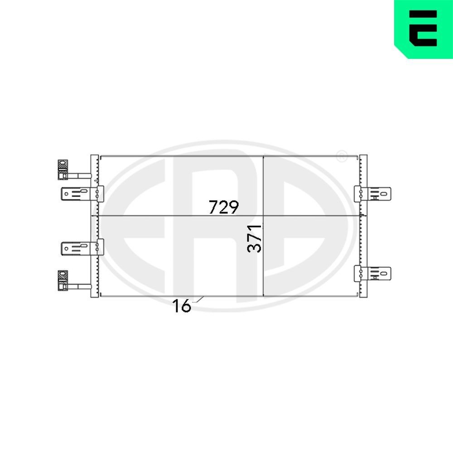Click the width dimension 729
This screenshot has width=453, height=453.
223,207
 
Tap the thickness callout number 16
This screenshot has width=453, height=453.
181,307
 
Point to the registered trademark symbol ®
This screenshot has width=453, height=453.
342,156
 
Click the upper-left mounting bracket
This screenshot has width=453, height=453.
82,194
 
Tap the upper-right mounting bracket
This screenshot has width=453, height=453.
372,193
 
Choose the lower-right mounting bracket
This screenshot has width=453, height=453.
372,272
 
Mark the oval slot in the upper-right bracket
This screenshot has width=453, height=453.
384,194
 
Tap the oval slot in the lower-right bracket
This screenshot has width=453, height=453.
384,273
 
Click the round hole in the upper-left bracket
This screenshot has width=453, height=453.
67,194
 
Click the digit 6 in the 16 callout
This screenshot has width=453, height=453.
186,307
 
